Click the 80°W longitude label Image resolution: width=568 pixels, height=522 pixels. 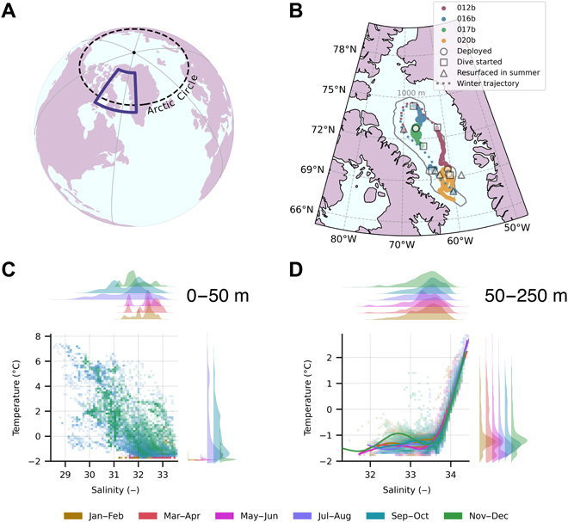point(343,237)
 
